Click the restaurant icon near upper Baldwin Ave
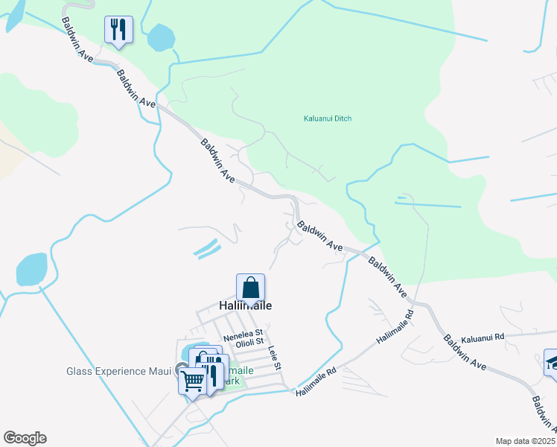(118, 31)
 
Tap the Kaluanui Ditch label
(327, 118)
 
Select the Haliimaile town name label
(245, 306)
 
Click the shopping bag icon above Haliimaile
(250, 288)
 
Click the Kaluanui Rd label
(483, 337)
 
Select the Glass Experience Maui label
(119, 371)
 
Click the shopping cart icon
(192, 381)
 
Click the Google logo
(25, 438)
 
